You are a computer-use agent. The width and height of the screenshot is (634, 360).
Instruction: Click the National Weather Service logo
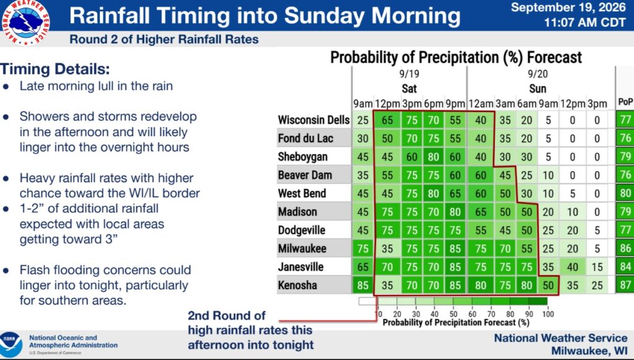coord(26,22)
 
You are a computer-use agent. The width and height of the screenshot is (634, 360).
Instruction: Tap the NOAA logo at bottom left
coord(11,345)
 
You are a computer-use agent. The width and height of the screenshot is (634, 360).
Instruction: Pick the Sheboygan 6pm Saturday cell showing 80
coord(433,157)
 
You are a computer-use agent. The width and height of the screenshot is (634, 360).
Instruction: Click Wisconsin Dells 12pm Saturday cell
coord(387,120)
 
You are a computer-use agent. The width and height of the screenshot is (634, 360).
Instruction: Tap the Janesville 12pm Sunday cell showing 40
coord(572,267)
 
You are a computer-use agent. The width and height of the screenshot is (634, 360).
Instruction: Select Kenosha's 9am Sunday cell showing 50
coord(548,285)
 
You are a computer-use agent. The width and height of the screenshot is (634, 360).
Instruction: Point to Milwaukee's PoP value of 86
coord(625,248)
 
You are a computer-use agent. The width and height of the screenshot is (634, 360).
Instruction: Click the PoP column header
coord(625,102)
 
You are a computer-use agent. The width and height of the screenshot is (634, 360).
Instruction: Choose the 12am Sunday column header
coord(480,104)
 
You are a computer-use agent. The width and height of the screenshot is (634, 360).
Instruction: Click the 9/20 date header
coord(537,74)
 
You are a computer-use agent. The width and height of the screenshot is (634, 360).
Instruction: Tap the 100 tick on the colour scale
coord(548,314)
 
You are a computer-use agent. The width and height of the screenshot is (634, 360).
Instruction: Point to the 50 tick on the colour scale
coord(453,314)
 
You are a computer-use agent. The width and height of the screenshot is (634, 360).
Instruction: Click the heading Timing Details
coord(55,69)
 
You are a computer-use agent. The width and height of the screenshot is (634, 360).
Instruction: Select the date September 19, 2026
coord(568,7)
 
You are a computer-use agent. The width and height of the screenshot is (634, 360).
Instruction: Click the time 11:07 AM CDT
coord(584,22)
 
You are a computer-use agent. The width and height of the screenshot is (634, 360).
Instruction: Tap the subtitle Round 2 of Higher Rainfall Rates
coord(164,40)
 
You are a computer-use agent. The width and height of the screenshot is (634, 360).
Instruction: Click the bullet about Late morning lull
coord(96,86)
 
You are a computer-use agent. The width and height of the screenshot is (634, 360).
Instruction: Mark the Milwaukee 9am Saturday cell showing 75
coord(363,248)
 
